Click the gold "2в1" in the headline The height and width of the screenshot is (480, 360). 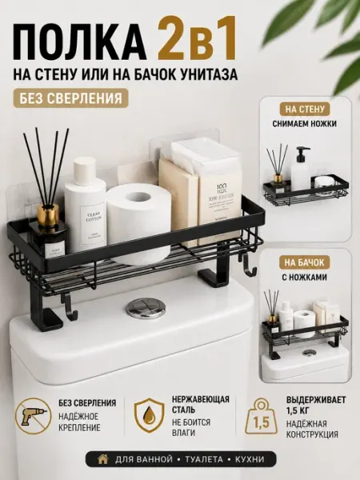point(197,38)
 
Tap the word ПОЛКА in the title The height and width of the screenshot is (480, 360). point(79,39)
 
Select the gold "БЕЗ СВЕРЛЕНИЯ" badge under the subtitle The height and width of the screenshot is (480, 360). point(70,98)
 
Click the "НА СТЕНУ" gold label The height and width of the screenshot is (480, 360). point(304,109)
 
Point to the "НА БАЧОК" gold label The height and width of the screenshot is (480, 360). point(304,262)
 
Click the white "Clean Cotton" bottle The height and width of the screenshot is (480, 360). point(85,206)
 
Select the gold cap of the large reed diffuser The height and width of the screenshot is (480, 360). point(48,214)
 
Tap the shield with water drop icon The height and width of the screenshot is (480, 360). point(149,415)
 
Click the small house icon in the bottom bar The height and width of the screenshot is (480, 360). point(103,459)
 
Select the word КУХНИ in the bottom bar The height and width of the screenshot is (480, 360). point(250,459)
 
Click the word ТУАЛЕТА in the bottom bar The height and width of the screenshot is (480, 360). point(204,459)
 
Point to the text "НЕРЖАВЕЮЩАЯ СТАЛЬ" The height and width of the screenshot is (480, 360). point(200,404)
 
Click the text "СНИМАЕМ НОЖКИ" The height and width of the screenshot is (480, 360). point(305,124)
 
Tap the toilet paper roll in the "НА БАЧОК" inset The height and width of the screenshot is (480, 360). point(304,324)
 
